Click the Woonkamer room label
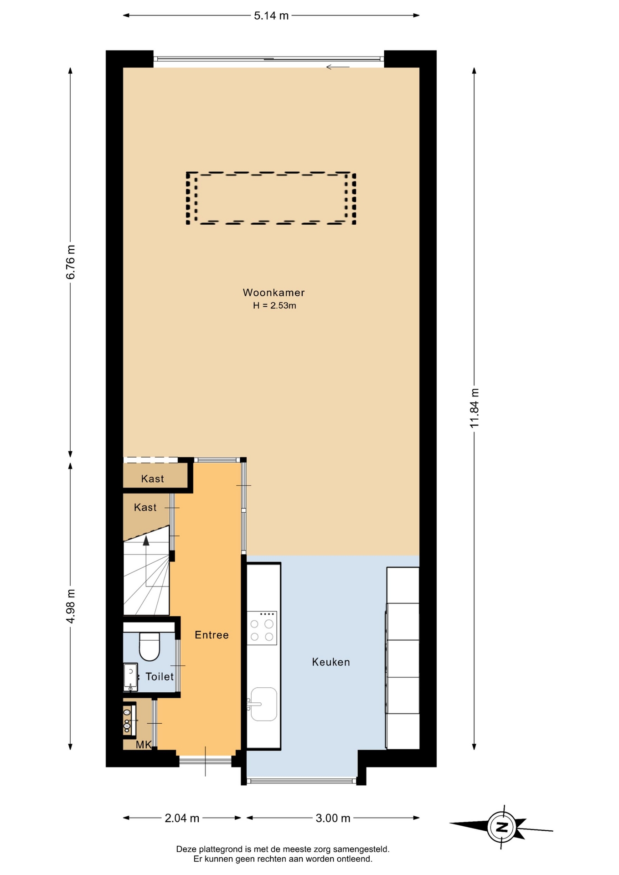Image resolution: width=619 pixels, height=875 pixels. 273,293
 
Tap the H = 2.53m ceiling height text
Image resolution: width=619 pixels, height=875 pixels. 274,306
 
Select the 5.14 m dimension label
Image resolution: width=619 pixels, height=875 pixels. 271,16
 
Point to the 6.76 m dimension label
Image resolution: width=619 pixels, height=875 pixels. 71,262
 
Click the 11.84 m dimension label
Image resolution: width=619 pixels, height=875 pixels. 475,408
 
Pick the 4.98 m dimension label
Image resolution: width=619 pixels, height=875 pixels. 71,606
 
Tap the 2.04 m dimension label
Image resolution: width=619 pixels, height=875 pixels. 182,818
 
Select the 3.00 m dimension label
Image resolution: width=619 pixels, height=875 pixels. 333,818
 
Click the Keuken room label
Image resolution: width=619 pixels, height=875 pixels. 331,662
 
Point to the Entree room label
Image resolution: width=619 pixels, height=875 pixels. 211,635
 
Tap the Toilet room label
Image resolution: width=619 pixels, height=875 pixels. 160,677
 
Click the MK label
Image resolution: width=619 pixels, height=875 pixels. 144,745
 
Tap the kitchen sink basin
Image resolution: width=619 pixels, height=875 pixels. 263,704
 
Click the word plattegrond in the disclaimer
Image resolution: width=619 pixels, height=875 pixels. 221,849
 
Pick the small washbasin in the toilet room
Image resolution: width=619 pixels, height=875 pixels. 130,676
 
